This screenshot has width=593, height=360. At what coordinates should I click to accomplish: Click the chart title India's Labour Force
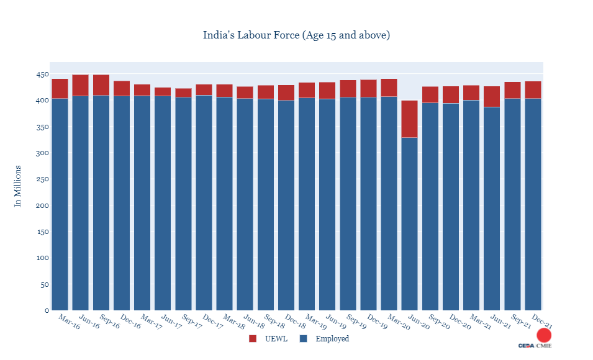pos(296,35)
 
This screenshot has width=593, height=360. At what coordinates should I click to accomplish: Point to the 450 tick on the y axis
pos(42,74)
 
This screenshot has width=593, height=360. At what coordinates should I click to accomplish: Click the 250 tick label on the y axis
pos(42,179)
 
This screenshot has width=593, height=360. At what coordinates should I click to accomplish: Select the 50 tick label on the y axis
pos(43,285)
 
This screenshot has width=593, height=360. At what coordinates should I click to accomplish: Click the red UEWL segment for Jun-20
pos(409,119)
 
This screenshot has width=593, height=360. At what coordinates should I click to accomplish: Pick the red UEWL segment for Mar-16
pos(60,88)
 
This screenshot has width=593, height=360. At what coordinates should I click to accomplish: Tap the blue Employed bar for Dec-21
pos(533,204)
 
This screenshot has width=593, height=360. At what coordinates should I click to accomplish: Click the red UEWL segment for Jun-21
pos(492,96)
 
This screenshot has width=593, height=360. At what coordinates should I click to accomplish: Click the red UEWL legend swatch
pos(252,339)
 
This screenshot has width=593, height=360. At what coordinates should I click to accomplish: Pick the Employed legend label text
pos(332,339)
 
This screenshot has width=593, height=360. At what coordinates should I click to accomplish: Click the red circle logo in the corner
pos(544,335)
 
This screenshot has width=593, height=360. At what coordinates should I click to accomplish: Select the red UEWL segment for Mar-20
pos(389,88)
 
